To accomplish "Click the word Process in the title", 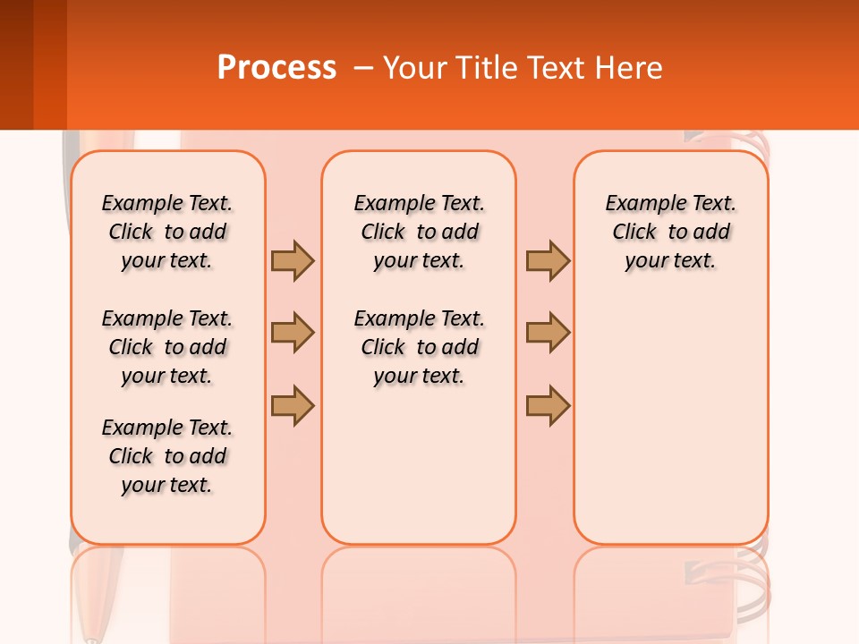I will tap(276, 68).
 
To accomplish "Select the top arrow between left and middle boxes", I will tap(293, 260).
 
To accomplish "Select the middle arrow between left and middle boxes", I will tap(293, 333).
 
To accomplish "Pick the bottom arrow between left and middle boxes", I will tap(293, 405).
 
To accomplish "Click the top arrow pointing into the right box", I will tap(548, 260).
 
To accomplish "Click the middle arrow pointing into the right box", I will tap(548, 333).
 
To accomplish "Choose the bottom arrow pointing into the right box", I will tap(548, 405).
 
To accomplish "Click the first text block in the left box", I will tap(167, 232).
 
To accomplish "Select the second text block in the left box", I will tap(167, 347).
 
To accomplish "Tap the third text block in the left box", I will tap(167, 456).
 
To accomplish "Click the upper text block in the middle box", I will tap(419, 232).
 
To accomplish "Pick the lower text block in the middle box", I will tap(419, 347).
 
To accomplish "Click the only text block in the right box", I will tap(670, 232).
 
